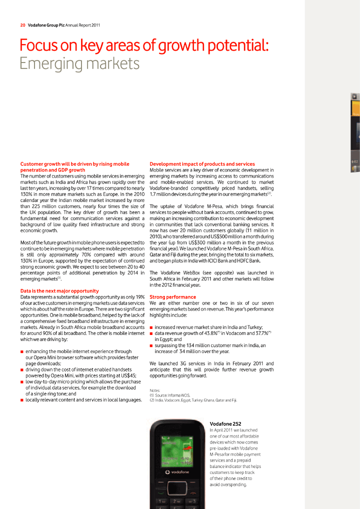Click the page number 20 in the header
(x=23, y=24)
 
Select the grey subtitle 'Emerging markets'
(x=79, y=64)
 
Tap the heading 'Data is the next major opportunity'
(x=59, y=290)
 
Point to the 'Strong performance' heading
(x=172, y=297)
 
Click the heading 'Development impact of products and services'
(x=202, y=164)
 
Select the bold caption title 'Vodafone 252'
(x=225, y=424)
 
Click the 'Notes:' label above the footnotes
(x=155, y=390)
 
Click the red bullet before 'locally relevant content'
(x=22, y=400)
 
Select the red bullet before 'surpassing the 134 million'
(x=151, y=345)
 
